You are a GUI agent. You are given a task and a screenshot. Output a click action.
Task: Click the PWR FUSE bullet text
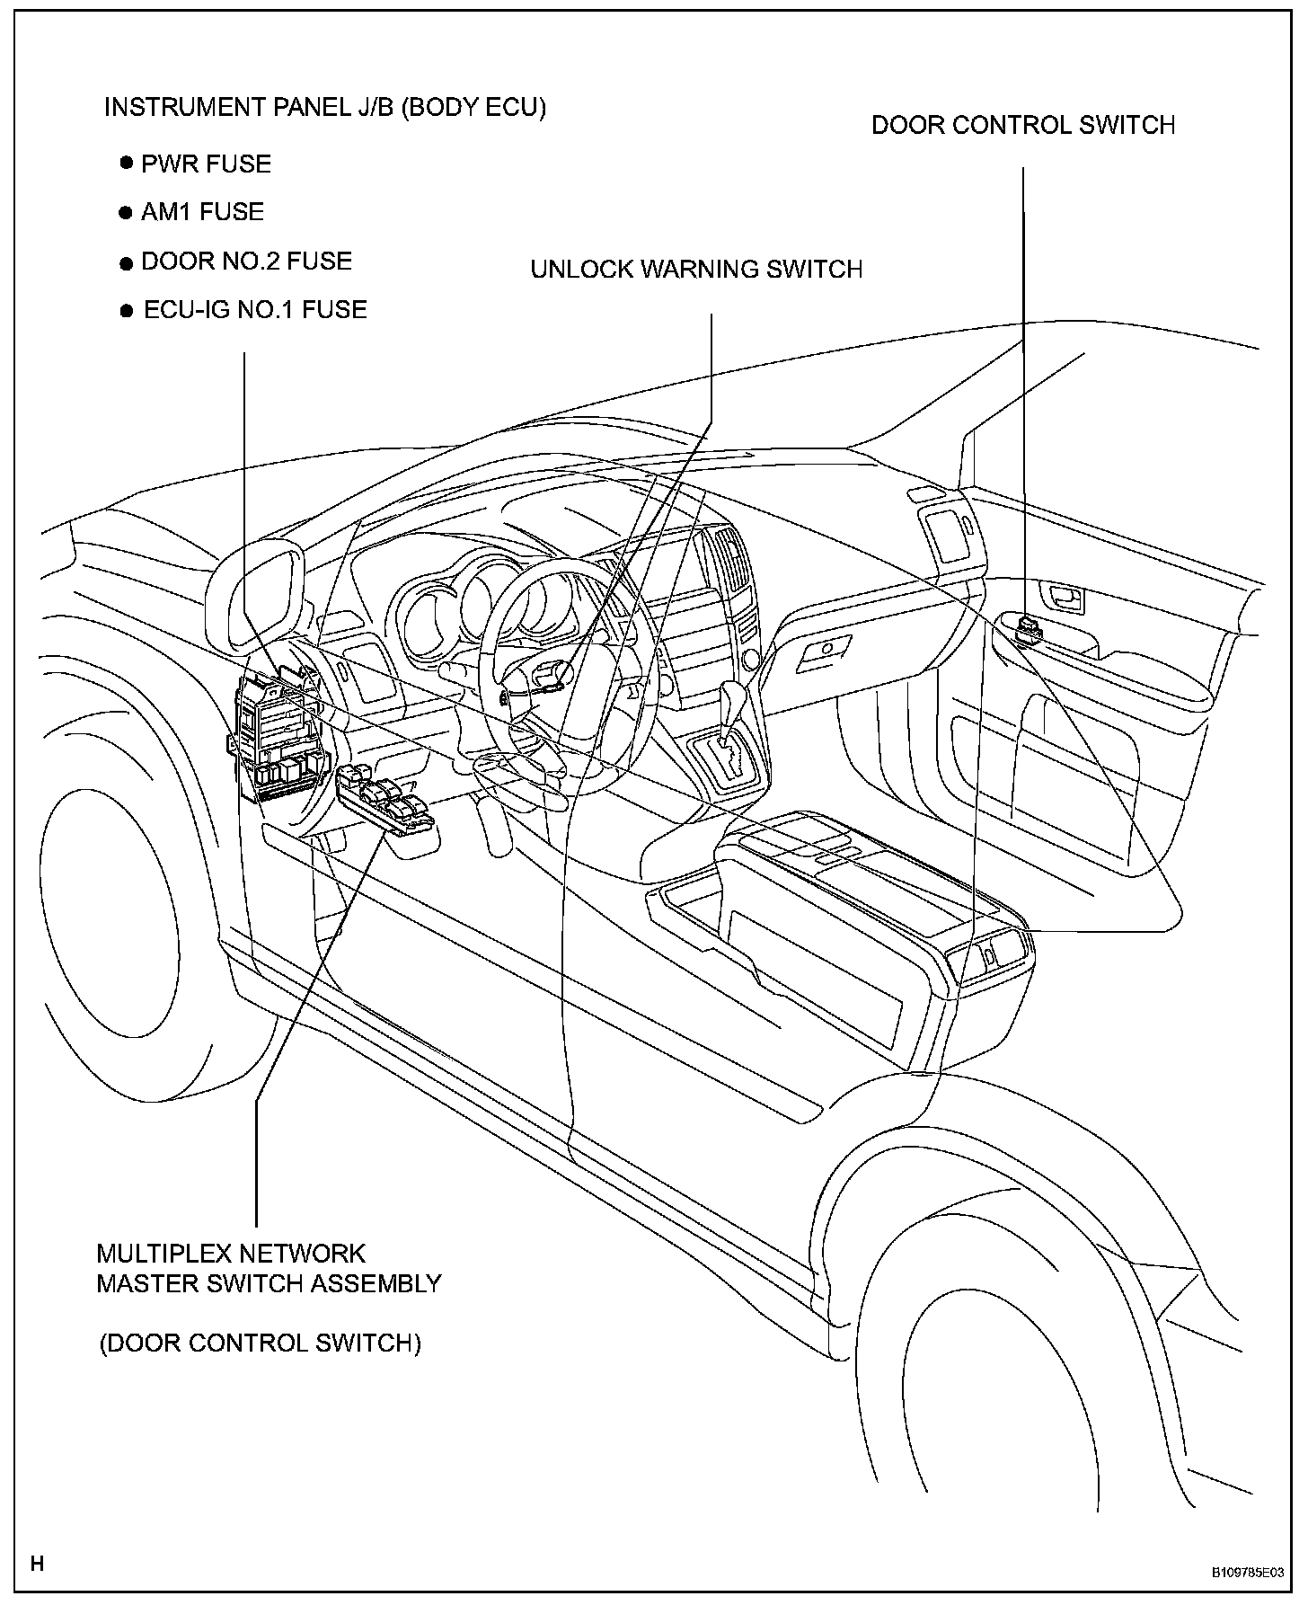(x=206, y=164)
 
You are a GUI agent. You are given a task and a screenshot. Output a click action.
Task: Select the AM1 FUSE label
(x=202, y=212)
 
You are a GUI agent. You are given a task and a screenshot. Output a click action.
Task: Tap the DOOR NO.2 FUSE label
(x=246, y=262)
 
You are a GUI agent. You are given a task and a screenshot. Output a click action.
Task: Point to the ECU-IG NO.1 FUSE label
(x=255, y=310)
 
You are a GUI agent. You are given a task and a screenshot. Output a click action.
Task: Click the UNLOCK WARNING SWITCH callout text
(x=696, y=270)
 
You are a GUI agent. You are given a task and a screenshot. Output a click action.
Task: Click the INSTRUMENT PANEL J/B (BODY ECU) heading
(x=325, y=108)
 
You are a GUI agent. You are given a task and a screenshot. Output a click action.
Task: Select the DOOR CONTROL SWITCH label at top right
(x=1023, y=125)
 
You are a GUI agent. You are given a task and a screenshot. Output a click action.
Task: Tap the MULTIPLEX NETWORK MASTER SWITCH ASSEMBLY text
(x=269, y=1268)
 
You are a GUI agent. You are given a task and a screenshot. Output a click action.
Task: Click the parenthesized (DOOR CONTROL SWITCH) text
(x=260, y=1343)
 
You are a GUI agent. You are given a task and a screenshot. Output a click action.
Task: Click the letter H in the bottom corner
(x=37, y=1564)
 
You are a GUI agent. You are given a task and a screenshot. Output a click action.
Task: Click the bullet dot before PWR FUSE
(x=126, y=164)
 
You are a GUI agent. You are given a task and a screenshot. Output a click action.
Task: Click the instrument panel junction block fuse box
(x=276, y=737)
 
